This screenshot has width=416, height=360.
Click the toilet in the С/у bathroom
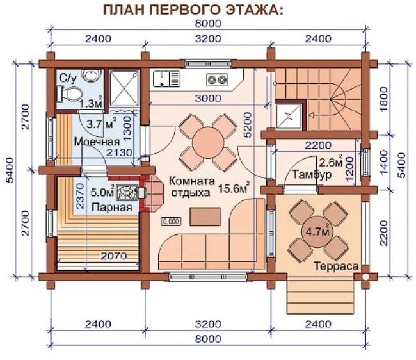(x=70, y=94)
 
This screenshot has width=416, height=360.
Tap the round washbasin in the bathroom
(x=92, y=75)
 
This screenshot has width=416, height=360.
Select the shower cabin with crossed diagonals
(x=124, y=88)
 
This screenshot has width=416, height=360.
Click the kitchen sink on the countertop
(x=166, y=79)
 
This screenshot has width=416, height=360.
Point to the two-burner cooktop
(x=217, y=79)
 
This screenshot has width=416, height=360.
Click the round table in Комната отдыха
(x=208, y=143)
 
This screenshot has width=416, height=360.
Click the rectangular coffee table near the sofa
(x=205, y=217)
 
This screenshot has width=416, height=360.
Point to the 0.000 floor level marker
(x=172, y=221)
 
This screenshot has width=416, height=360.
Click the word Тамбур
(x=312, y=175)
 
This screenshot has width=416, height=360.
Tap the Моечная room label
(x=97, y=142)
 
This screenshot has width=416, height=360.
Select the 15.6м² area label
(x=234, y=188)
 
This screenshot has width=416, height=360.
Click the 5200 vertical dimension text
(x=247, y=124)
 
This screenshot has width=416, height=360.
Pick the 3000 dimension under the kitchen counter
(x=208, y=98)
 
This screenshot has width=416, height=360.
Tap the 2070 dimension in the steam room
(x=114, y=256)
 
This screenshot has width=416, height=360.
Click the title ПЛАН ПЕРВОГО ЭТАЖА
(x=193, y=10)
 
